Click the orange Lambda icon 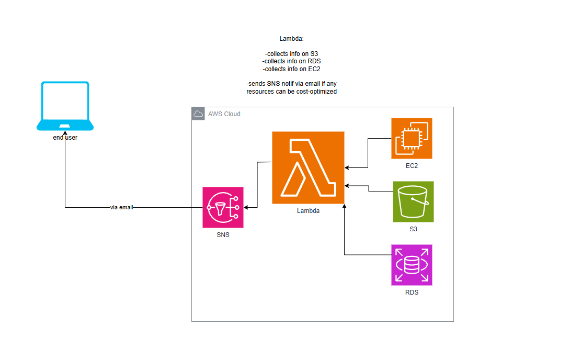[308, 167]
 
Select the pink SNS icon [223, 207]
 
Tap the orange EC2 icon [412, 138]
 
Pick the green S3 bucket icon [413, 201]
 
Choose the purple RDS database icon [412, 265]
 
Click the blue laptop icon [65, 106]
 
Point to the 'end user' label [65, 138]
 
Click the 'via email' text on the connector [122, 208]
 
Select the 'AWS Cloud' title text [224, 114]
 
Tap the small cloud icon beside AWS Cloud [198, 114]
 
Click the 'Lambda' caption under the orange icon [308, 211]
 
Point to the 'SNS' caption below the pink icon [223, 235]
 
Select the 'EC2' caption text [412, 166]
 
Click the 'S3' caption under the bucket [413, 229]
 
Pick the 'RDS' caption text [412, 292]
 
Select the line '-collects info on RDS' [291, 61]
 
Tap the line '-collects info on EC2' [291, 69]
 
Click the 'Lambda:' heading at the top [291, 39]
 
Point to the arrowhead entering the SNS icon [246, 208]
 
